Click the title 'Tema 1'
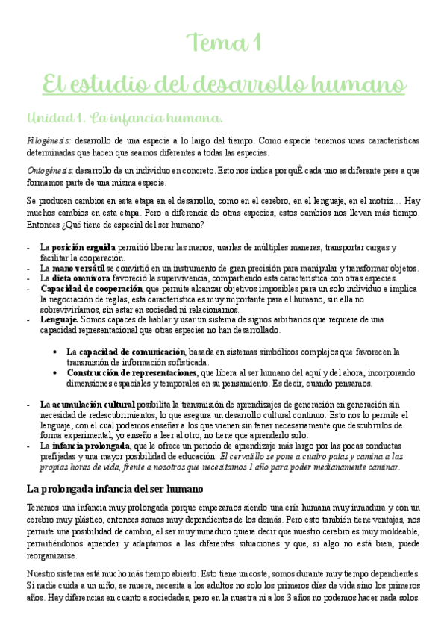(x=223, y=43)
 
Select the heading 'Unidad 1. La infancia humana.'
(x=124, y=119)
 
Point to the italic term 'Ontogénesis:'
(x=49, y=169)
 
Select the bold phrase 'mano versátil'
(x=84, y=268)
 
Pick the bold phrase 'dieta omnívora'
(x=83, y=278)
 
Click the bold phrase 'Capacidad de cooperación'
(x=91, y=288)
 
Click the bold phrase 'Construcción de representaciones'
(x=132, y=372)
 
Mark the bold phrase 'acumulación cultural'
(x=93, y=404)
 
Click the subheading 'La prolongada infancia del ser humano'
(x=114, y=468)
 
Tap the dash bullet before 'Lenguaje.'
(x=28, y=319)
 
